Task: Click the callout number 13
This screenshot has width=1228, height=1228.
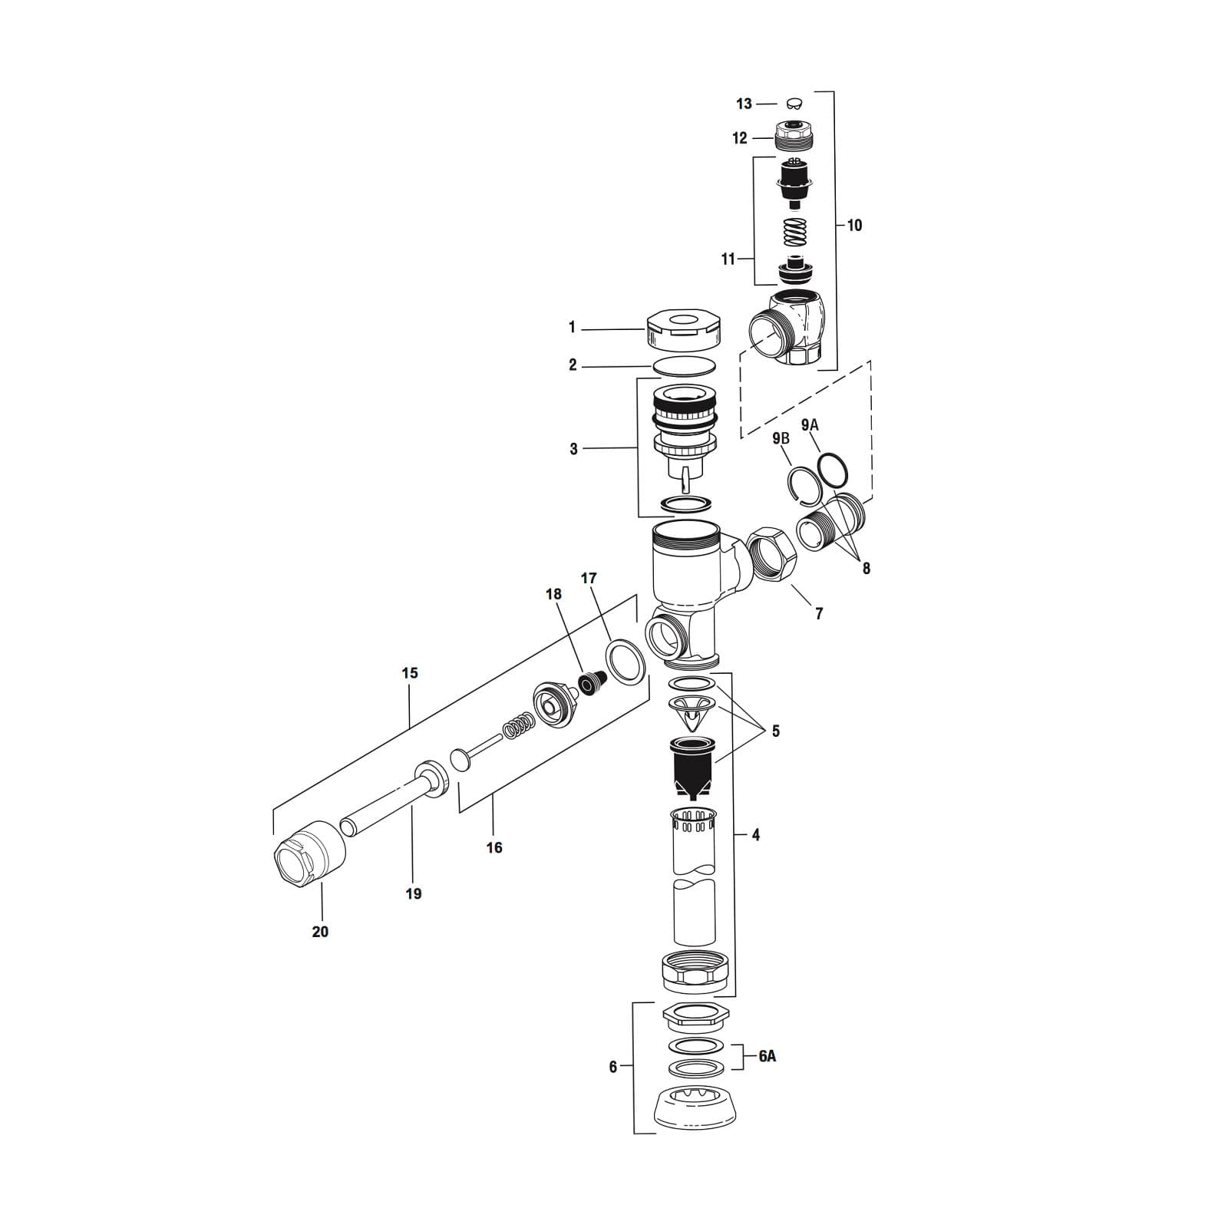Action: pos(744,104)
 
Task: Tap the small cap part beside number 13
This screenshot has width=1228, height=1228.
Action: pos(795,104)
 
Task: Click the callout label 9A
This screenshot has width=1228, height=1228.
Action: pos(810,425)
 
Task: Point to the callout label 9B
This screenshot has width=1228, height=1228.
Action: pos(781,438)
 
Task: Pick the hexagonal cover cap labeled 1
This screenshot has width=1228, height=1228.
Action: pos(683,330)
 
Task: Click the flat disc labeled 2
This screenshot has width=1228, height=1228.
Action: pos(685,366)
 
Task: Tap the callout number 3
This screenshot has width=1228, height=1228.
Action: pos(573,449)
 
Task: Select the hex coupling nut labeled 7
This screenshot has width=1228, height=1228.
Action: pos(771,556)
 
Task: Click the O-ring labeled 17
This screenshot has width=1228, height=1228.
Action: pos(623,661)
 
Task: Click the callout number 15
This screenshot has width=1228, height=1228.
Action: pos(410,673)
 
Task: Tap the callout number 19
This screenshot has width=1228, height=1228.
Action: pos(413,893)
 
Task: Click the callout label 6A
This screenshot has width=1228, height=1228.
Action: pos(767,1056)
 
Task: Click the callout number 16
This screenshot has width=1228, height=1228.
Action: pos(494,847)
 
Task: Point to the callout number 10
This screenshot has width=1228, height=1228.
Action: pos(854,225)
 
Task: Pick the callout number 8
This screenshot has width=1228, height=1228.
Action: pos(866,569)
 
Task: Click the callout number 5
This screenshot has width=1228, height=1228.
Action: pos(775,731)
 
